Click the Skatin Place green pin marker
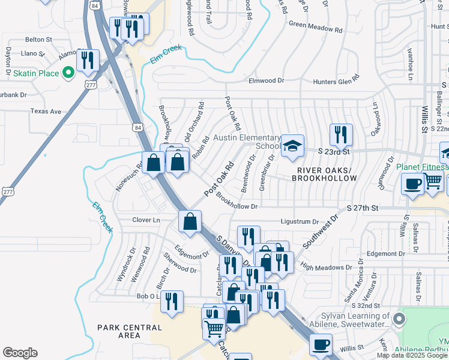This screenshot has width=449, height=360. coord(68,73)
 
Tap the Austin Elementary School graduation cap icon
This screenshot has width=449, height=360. coord(292,146)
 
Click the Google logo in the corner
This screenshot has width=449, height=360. coord(20,353)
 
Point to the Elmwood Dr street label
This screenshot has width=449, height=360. coord(266,80)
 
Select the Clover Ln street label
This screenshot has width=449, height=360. coord(146,220)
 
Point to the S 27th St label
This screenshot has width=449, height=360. coord(363,208)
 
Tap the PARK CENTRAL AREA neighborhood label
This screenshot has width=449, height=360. coord(130,332)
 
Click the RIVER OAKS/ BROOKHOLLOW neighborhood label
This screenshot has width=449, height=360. coord(327,174)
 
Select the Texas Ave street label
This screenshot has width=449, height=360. coord(46,112)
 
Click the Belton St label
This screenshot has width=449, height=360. coord(39,39)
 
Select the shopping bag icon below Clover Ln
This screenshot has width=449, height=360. coord(190,221)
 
